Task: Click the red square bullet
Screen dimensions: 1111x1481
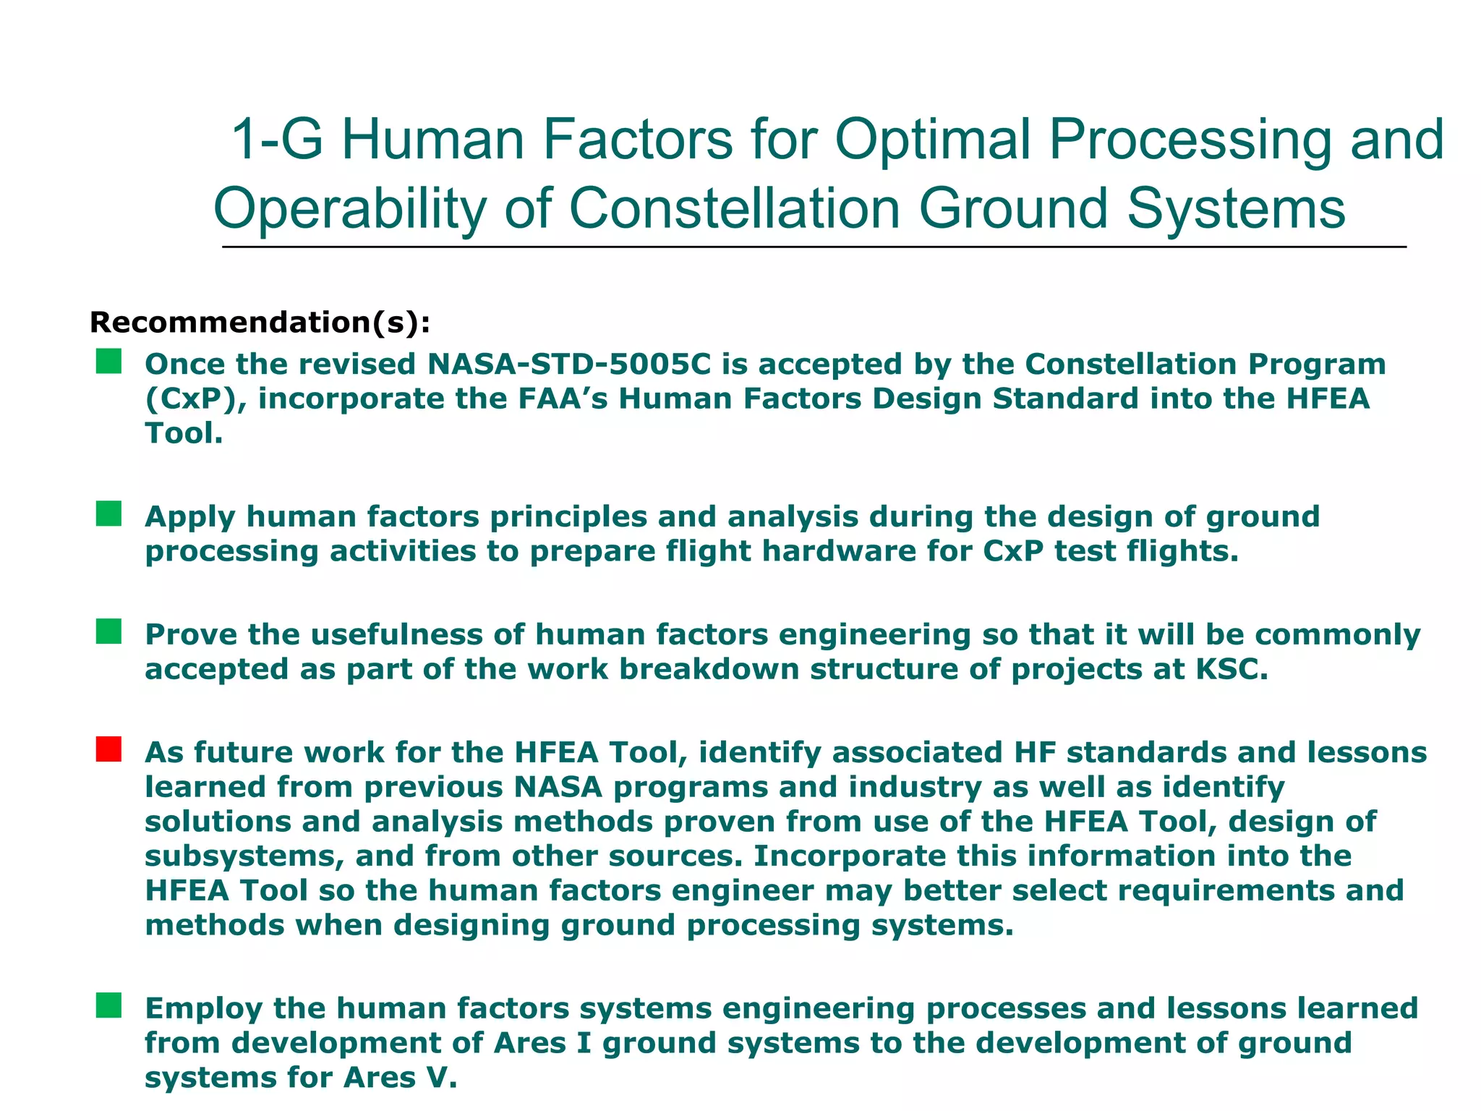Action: (x=108, y=749)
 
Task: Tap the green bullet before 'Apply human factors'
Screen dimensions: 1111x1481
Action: (x=108, y=514)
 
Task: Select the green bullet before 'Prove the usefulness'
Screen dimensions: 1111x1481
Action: (x=108, y=631)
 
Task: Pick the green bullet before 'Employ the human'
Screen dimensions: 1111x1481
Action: (x=108, y=1005)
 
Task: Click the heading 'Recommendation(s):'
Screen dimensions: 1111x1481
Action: (x=260, y=323)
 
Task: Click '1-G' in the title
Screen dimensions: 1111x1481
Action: (x=276, y=140)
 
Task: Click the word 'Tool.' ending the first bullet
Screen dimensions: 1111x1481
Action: (x=183, y=434)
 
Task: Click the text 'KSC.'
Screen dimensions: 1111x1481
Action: (x=1232, y=670)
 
